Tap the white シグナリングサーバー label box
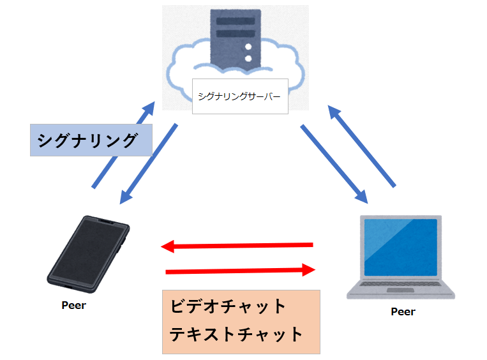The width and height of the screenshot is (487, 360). pos(240,96)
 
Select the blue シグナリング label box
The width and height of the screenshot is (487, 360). pos(91,140)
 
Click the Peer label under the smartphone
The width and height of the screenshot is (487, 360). pos(73,305)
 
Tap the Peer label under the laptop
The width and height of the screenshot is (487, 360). pos(403,311)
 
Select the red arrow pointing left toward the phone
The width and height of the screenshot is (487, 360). pos(237,245)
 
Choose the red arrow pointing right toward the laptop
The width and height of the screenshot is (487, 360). pos(241,271)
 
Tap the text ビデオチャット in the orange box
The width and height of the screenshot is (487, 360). pos(229,306)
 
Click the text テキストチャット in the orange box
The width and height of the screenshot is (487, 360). pos(236,334)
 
